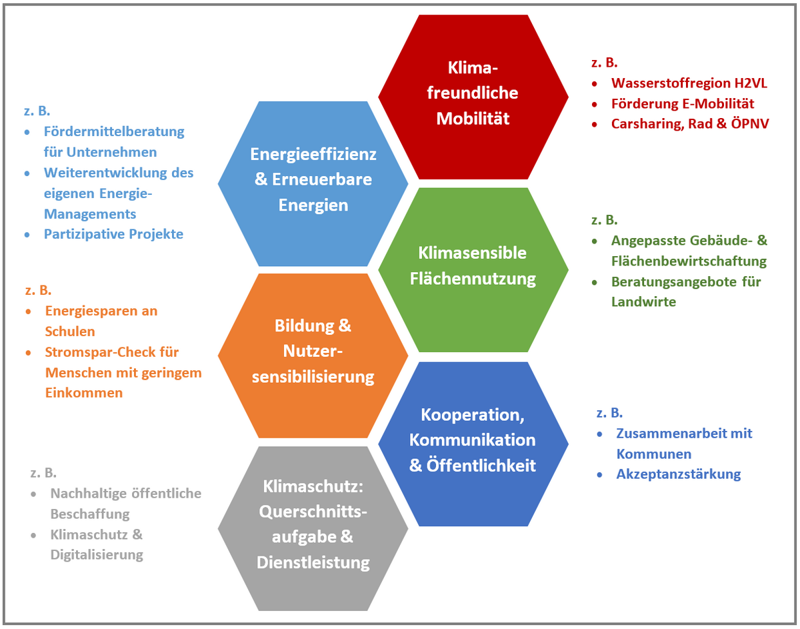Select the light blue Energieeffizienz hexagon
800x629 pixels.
click(x=313, y=179)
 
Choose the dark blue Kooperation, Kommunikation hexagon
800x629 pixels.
click(x=473, y=440)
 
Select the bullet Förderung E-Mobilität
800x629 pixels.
click(x=682, y=104)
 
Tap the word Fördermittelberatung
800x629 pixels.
click(x=114, y=131)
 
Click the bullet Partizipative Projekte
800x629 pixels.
click(x=113, y=234)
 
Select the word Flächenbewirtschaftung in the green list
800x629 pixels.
click(x=689, y=261)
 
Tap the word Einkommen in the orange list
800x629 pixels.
click(x=84, y=393)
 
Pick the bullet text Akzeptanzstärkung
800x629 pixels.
click(x=679, y=474)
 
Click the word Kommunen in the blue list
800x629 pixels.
click(x=653, y=454)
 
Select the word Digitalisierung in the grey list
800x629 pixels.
click(x=97, y=555)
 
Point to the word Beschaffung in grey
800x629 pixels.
click(x=89, y=514)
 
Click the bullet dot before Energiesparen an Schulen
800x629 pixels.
click(x=28, y=311)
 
